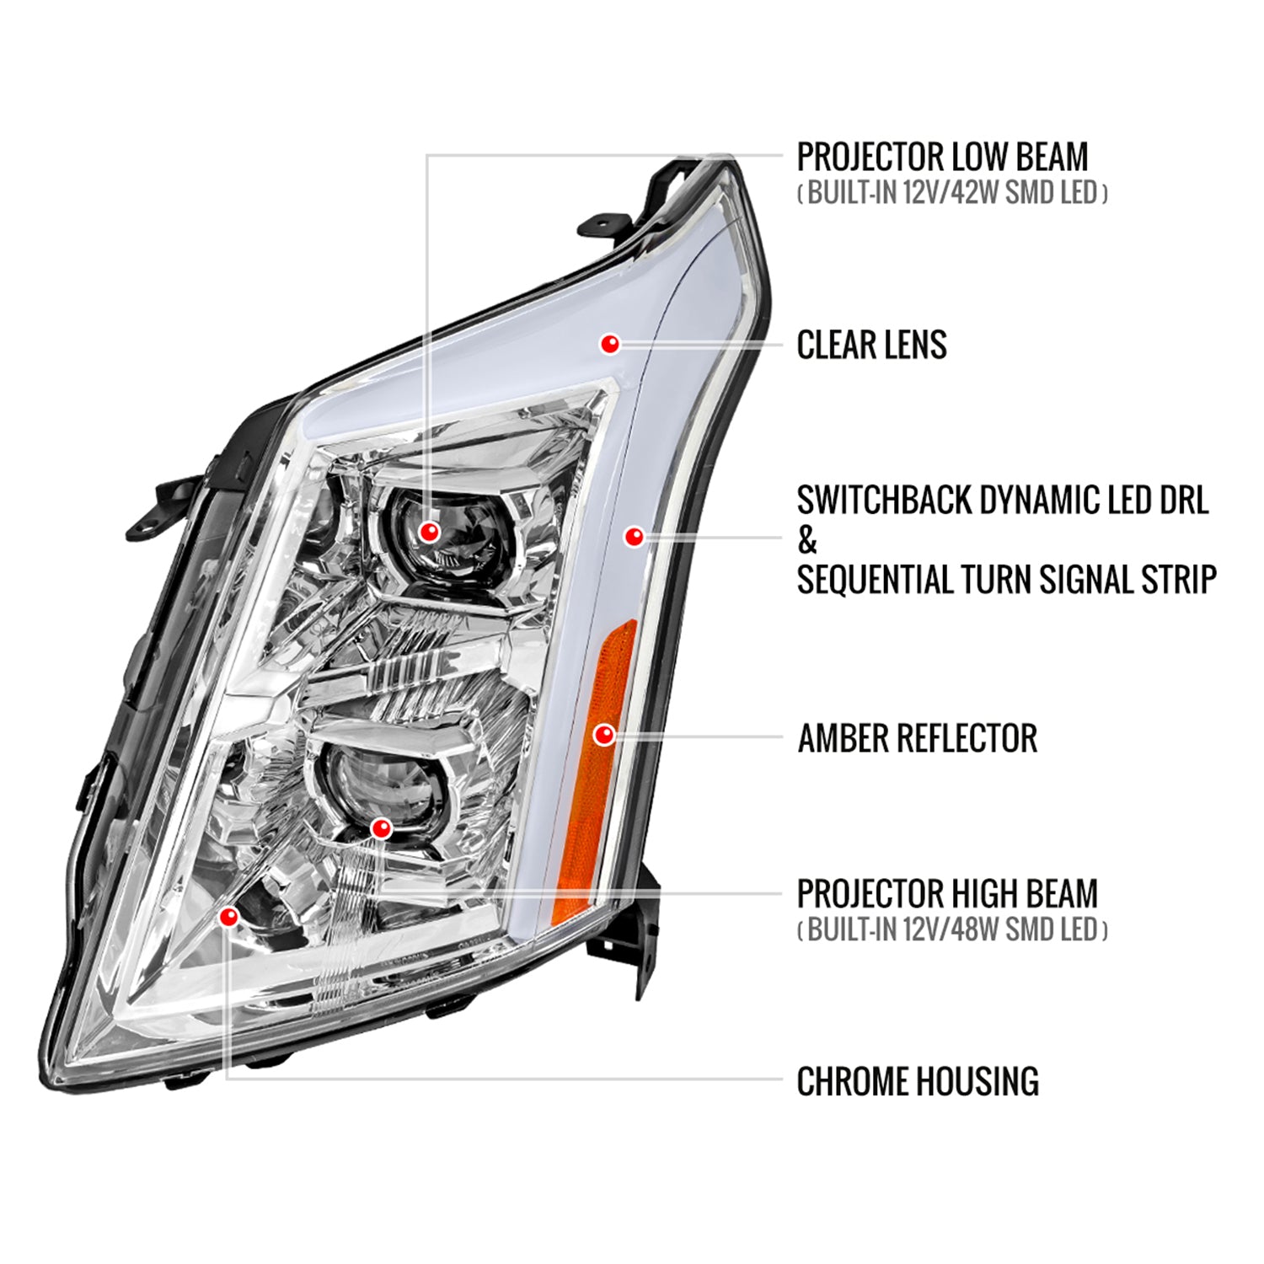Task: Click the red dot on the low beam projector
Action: [430, 532]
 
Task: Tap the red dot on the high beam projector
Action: [381, 828]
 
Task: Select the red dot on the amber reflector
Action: [603, 735]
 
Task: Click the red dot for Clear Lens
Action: [610, 343]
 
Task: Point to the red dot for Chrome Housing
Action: [228, 917]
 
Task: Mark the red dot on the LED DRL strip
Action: [634, 536]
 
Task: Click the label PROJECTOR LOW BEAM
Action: [942, 158]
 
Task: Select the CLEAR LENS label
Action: [871, 345]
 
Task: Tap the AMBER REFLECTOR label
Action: [917, 738]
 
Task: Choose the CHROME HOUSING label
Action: [917, 1081]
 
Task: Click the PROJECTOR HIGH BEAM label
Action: [947, 894]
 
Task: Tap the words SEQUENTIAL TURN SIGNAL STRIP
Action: [1006, 580]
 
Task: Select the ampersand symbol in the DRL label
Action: [807, 541]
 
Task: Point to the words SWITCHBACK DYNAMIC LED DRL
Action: [1003, 501]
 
